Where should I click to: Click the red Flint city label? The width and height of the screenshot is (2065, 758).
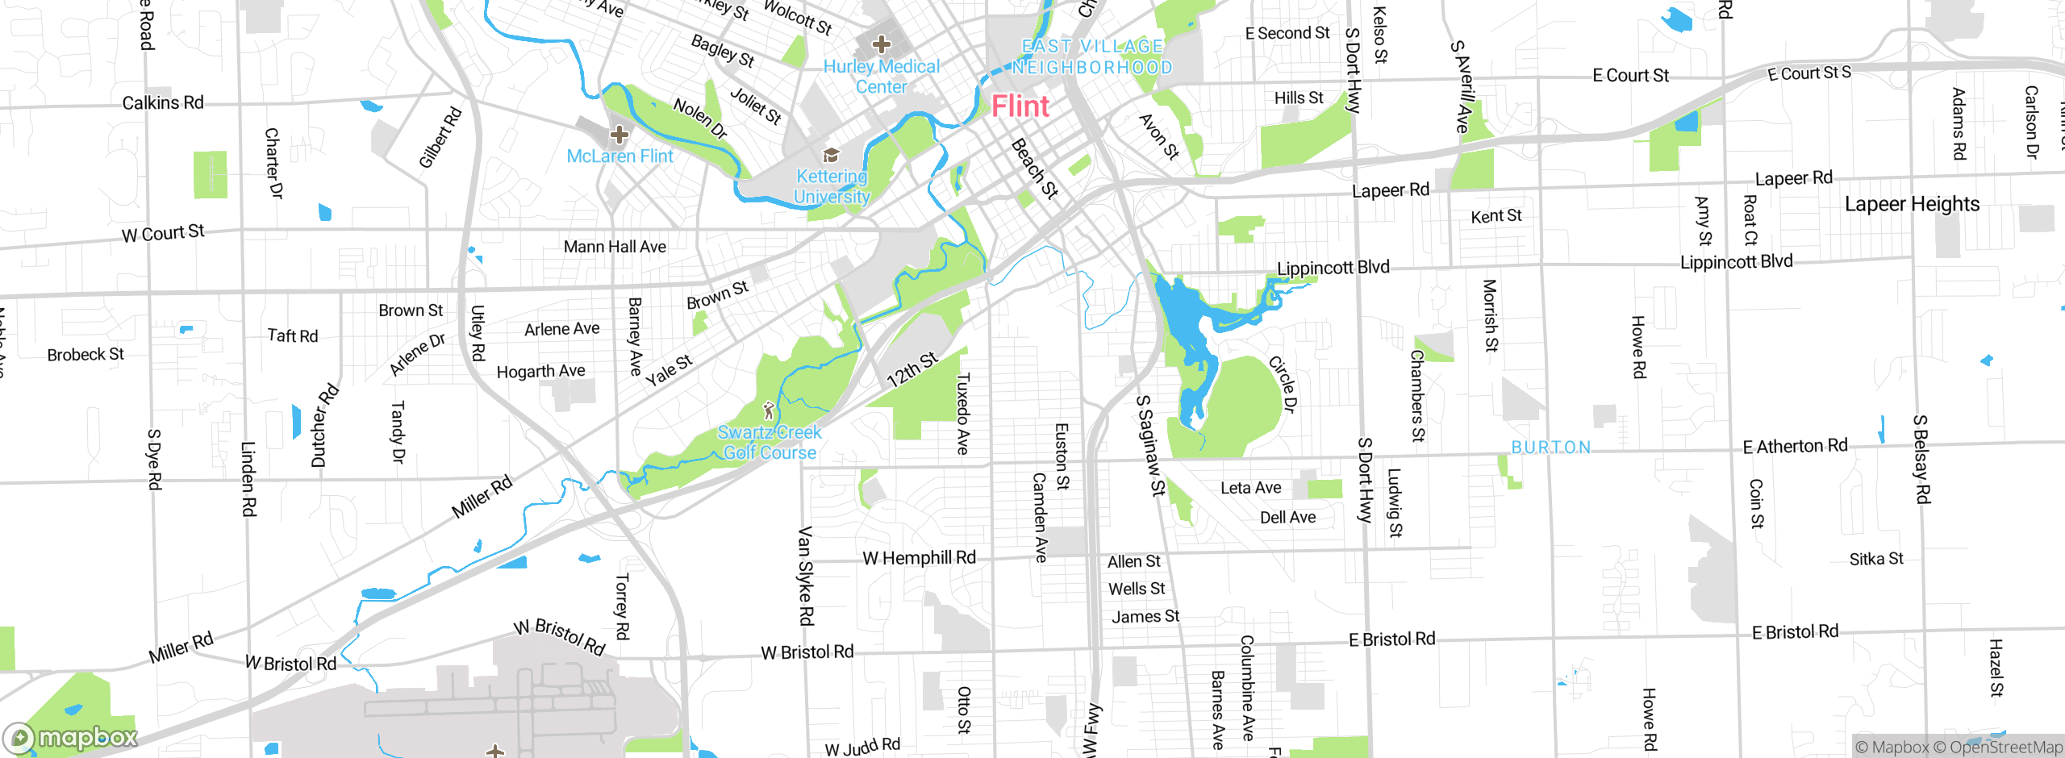(x=1020, y=106)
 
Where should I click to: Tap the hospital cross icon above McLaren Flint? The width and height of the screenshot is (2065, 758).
(x=619, y=134)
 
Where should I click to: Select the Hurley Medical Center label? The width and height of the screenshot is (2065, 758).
(x=882, y=77)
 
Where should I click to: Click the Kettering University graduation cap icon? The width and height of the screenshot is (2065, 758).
(x=831, y=155)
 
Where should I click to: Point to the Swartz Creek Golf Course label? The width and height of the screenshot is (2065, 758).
(x=770, y=443)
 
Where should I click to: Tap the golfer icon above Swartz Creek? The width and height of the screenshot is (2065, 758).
(x=769, y=410)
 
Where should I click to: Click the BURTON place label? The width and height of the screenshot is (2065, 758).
(x=1550, y=448)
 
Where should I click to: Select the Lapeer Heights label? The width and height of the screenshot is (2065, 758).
(x=1912, y=204)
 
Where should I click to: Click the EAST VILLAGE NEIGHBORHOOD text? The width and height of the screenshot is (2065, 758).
(x=1092, y=57)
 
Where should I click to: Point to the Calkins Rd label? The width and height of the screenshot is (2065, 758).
(x=162, y=103)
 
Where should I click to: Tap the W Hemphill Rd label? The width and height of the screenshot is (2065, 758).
(x=919, y=558)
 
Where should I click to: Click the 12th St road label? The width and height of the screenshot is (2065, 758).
(x=912, y=369)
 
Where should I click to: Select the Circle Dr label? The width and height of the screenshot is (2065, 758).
(x=1283, y=385)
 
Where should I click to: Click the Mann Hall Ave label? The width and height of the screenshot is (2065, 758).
(x=615, y=247)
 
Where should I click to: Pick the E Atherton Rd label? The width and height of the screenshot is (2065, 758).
(x=1795, y=446)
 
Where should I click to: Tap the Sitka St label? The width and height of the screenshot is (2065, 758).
(x=1876, y=559)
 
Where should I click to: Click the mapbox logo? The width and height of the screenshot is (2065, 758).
(x=71, y=737)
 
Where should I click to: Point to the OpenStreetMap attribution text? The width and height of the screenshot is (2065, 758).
(x=2005, y=748)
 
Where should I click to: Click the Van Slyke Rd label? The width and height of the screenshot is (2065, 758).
(x=805, y=576)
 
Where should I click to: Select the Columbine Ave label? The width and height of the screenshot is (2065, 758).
(x=1247, y=688)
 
